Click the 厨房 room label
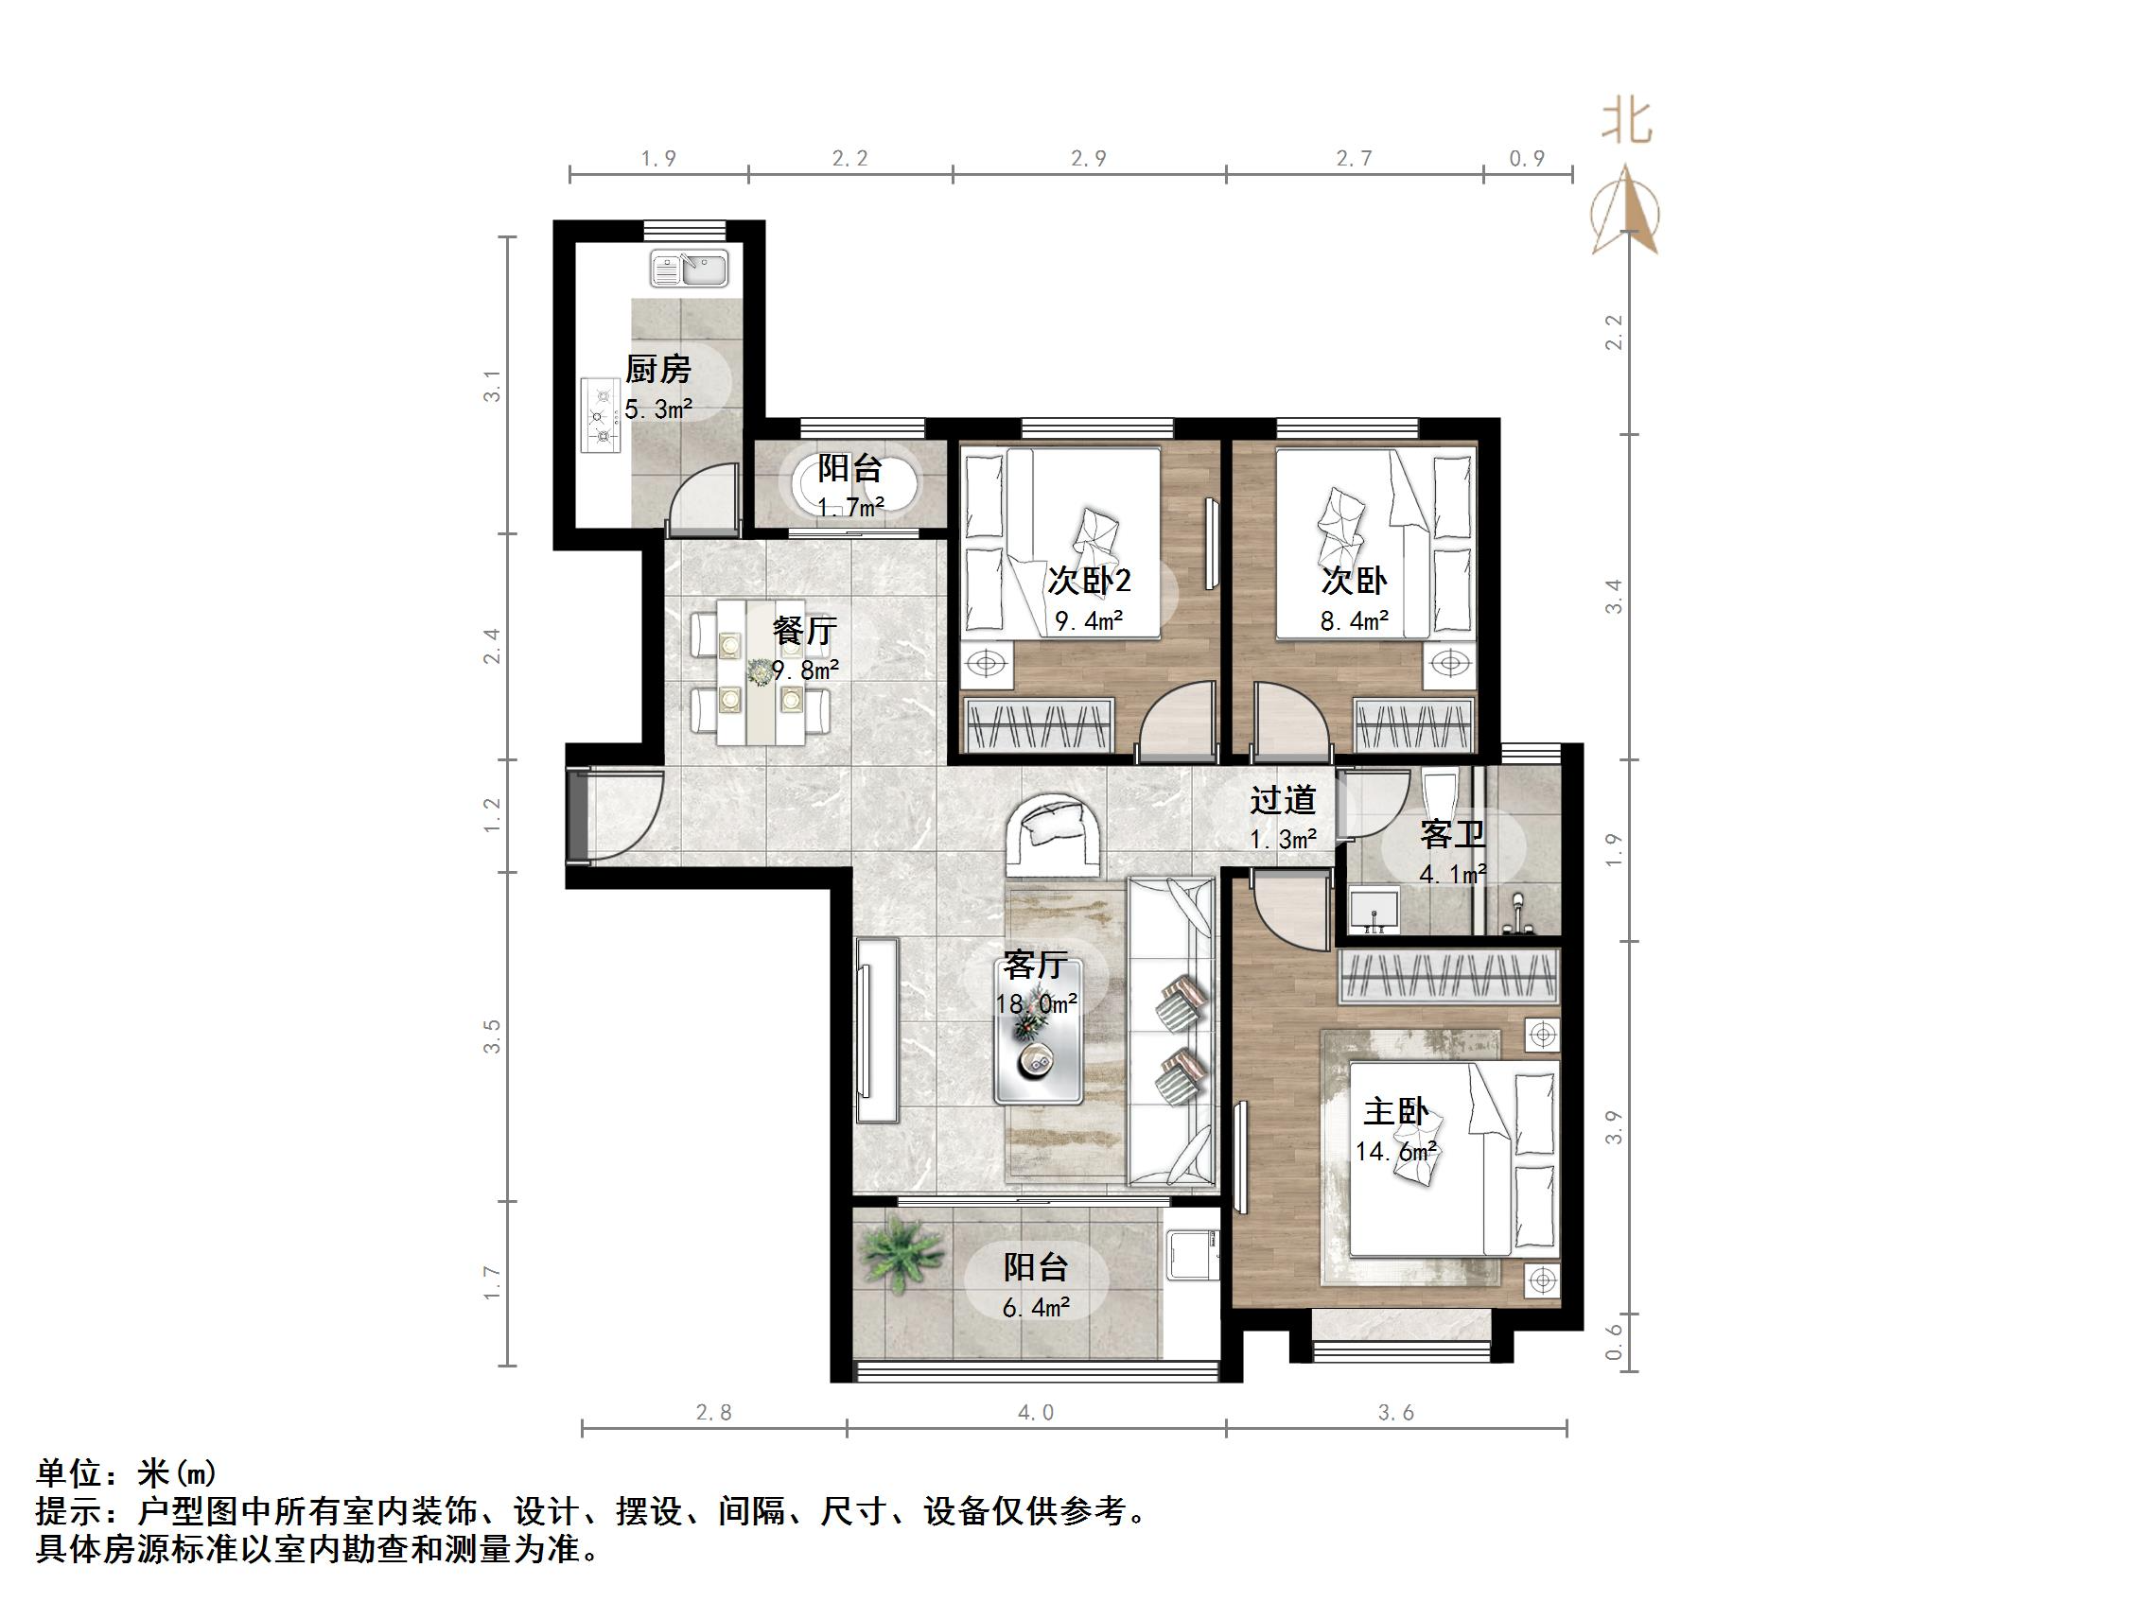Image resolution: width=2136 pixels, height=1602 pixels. click(657, 369)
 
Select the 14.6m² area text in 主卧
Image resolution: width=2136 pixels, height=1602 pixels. click(1395, 1152)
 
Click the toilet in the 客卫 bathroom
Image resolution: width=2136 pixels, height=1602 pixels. click(1440, 792)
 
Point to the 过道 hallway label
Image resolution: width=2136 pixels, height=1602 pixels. click(1283, 799)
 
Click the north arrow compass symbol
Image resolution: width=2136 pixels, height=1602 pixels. click(1626, 210)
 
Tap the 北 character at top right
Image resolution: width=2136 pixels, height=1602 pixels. click(1627, 124)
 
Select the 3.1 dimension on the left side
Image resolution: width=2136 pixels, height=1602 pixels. click(494, 385)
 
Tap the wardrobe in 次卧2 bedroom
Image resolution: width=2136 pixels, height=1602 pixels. click(1040, 725)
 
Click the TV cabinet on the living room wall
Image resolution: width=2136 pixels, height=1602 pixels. click(877, 1029)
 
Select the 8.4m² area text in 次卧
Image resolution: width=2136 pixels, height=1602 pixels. click(1354, 621)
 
